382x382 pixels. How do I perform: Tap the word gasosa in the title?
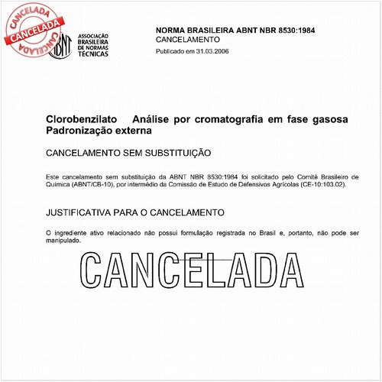point(325,120)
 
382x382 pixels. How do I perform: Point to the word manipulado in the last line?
point(62,239)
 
